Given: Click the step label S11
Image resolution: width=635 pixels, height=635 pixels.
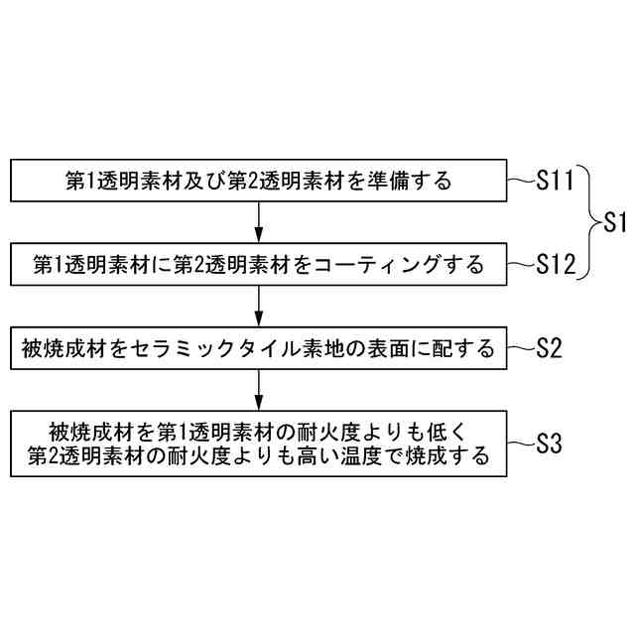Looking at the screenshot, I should pyautogui.click(x=556, y=181).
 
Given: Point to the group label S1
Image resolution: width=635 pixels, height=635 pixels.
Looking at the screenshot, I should pyautogui.click(x=615, y=222).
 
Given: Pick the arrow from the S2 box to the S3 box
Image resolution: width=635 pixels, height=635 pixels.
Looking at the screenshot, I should pyautogui.click(x=259, y=388).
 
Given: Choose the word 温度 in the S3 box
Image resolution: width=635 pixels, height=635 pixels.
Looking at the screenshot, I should pyautogui.click(x=367, y=456).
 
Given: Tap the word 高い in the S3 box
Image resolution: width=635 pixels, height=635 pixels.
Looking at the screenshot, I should pyautogui.click(x=319, y=456).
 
